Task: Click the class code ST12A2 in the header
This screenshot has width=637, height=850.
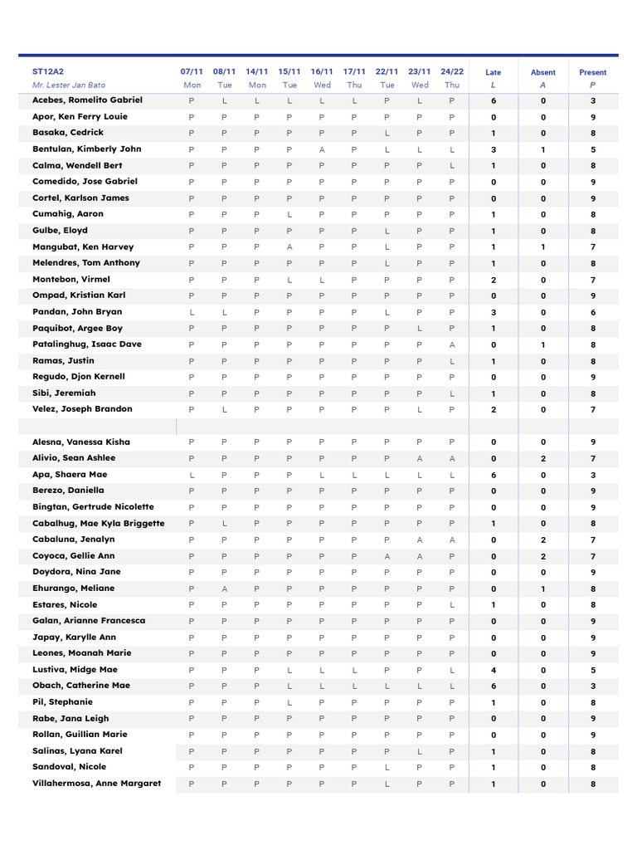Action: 47,72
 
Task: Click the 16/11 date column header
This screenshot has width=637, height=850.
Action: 322,72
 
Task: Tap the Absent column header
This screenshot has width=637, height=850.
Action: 543,73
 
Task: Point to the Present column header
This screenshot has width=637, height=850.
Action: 592,73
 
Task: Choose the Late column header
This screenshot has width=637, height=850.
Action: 494,73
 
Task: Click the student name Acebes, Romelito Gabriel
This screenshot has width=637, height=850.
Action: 87,100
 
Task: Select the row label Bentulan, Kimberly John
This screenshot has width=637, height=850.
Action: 86,149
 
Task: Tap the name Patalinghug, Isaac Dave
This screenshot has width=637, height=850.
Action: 86,344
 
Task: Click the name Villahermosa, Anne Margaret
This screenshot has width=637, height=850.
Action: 96,784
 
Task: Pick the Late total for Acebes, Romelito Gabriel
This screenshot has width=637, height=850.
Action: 494,100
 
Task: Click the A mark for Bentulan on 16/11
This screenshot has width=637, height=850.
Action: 322,149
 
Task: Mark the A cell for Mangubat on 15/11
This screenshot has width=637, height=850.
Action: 289,247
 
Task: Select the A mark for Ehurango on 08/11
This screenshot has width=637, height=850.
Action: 224,589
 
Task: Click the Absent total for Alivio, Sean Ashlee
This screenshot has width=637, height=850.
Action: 543,458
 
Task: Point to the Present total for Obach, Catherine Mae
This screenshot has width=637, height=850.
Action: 592,686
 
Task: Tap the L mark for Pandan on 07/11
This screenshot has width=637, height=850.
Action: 192,312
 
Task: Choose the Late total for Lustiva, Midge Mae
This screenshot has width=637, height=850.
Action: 494,670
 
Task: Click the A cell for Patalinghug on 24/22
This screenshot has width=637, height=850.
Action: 452,344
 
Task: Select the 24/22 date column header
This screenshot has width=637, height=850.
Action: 452,72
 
